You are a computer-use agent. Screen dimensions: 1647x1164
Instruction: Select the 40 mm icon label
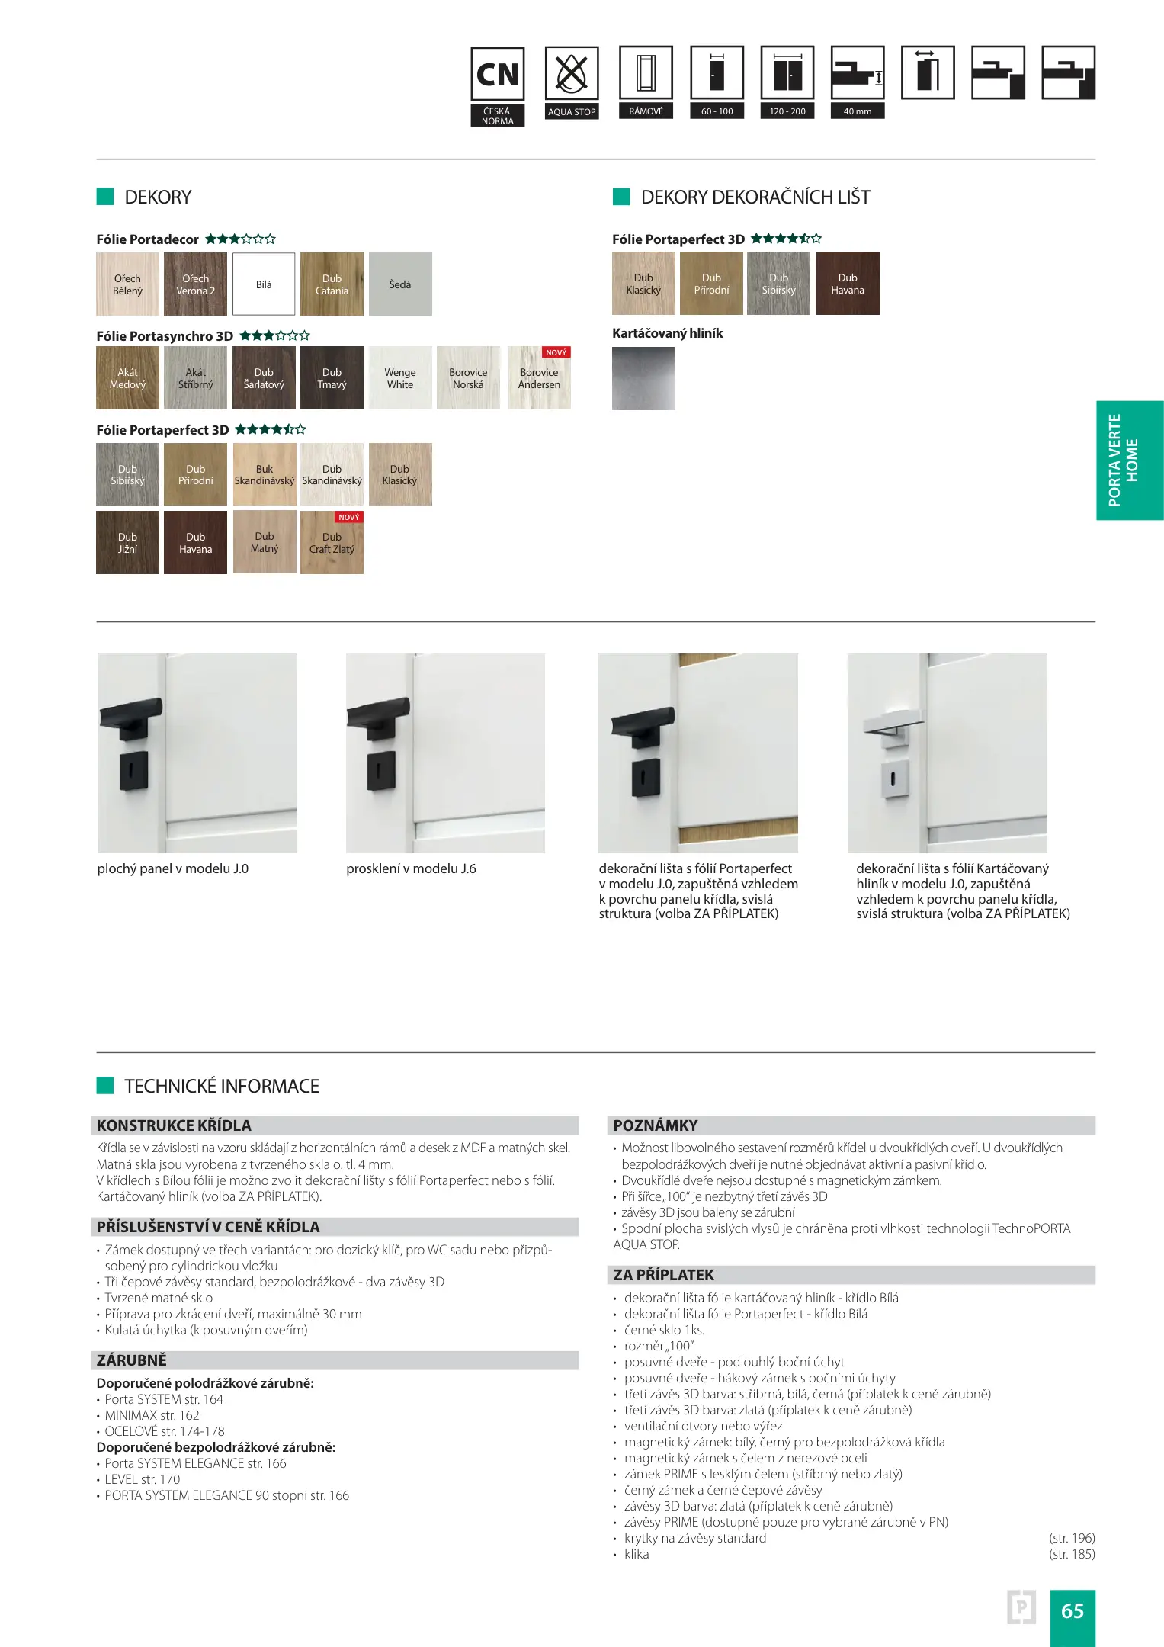858,111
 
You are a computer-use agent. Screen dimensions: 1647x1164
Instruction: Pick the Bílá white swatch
264,284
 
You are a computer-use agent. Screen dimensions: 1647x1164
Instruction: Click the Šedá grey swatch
400,284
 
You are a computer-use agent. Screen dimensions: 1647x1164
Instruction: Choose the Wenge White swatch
400,378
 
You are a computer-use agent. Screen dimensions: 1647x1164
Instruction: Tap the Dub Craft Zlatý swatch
332,543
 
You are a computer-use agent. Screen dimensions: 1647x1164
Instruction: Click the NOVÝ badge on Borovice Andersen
556,353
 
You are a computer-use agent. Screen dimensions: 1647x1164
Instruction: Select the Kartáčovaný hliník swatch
643,378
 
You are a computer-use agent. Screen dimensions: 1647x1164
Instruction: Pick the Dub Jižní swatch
127,543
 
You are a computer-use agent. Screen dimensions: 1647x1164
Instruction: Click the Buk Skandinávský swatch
264,474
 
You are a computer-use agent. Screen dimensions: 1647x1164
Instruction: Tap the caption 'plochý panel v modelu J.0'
173,868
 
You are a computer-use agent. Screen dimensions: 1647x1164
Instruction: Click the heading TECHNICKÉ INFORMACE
222,1086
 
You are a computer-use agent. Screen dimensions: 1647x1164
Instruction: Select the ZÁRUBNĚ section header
131,1360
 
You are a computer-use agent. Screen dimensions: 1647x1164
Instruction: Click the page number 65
1072,1610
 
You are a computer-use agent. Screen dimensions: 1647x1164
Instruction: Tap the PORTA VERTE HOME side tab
1129,461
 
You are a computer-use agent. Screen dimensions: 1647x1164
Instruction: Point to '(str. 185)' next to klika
1071,1554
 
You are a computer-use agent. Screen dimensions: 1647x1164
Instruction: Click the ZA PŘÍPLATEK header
663,1275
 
